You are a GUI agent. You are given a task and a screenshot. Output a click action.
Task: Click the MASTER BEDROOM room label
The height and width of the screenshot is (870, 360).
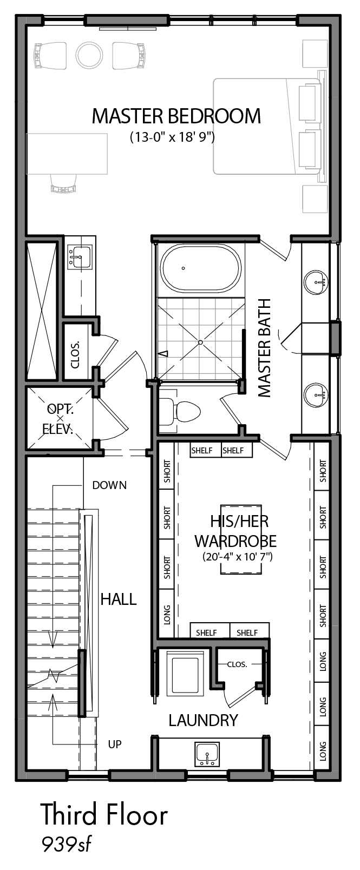click(176, 116)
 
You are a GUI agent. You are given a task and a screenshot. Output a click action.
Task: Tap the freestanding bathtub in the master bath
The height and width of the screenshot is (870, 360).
click(201, 269)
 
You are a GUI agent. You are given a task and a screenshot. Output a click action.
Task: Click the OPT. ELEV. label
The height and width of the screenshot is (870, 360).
click(60, 419)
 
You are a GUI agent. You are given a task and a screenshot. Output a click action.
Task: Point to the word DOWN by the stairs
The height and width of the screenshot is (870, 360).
click(109, 485)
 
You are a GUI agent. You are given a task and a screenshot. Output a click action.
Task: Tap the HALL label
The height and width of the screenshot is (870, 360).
click(119, 599)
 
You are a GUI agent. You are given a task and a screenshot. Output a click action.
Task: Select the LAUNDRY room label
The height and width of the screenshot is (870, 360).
click(203, 721)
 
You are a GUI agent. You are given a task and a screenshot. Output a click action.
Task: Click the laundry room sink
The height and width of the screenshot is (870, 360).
click(207, 754)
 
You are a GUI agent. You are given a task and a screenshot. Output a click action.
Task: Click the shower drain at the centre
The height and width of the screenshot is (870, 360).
click(200, 342)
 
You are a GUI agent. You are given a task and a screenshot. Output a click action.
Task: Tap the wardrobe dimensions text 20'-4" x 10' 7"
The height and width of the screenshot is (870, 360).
click(238, 556)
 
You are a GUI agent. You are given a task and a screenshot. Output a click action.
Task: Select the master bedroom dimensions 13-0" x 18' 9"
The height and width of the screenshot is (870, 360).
click(172, 137)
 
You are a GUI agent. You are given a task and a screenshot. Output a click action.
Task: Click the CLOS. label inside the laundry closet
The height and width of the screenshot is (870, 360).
click(237, 664)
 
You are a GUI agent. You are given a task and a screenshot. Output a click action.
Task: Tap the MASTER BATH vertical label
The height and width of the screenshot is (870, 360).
click(264, 347)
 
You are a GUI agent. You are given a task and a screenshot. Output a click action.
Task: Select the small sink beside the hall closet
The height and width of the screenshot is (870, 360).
click(80, 256)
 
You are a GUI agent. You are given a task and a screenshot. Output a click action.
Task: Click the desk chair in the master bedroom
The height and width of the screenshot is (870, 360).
click(63, 183)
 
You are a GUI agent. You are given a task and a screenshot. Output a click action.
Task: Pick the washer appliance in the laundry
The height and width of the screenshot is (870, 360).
click(186, 673)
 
